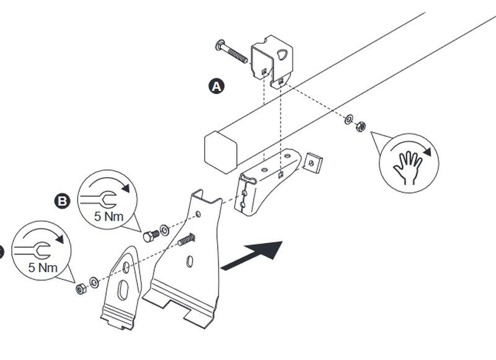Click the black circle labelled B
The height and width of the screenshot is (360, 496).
pos(62,200)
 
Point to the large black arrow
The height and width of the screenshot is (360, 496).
pos(252,254)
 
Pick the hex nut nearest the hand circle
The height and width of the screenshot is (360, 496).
pos(360,126)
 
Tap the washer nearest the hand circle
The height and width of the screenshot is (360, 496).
pos(349,118)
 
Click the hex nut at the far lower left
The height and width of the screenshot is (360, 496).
pos(79,288)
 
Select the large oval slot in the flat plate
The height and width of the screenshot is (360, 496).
pos(123,292)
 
